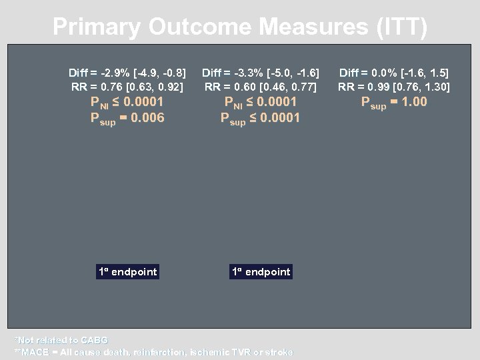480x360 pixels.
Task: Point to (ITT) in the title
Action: click(401, 27)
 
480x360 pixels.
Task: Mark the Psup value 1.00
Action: click(413, 102)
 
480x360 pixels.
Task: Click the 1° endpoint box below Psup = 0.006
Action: click(127, 271)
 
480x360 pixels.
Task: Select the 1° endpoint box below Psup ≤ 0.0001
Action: click(261, 271)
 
